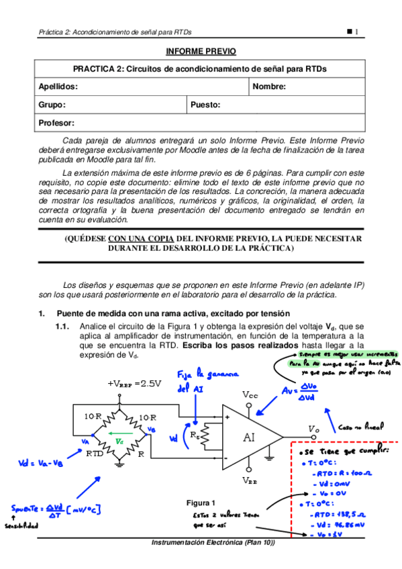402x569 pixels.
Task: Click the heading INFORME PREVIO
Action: tap(201, 52)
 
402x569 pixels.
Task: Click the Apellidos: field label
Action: tap(58, 87)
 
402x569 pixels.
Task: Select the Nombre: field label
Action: tap(269, 87)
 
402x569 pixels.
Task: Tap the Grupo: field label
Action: tap(52, 105)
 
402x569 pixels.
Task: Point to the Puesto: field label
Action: tap(205, 105)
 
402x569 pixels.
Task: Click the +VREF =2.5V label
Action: tap(134, 383)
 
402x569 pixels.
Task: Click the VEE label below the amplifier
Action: tap(249, 480)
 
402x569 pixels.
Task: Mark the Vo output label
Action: tap(313, 428)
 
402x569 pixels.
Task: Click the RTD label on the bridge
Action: tap(95, 454)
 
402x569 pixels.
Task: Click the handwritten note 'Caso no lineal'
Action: tap(361, 426)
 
